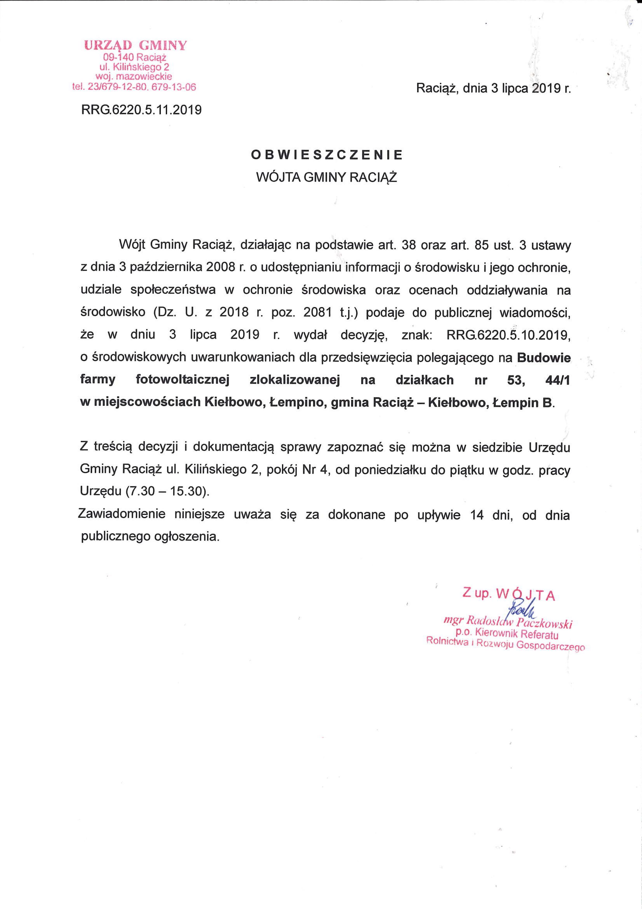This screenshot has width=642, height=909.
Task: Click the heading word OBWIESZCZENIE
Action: (327, 155)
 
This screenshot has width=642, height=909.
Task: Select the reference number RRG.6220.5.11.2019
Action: (141, 110)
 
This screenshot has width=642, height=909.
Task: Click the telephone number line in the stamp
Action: (134, 87)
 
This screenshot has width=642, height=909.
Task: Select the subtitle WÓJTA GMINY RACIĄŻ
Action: (327, 177)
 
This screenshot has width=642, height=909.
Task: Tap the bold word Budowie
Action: (544, 358)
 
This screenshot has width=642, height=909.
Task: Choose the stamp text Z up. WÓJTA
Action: (508, 595)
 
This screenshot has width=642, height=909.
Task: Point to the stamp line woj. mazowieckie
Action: (134, 76)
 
